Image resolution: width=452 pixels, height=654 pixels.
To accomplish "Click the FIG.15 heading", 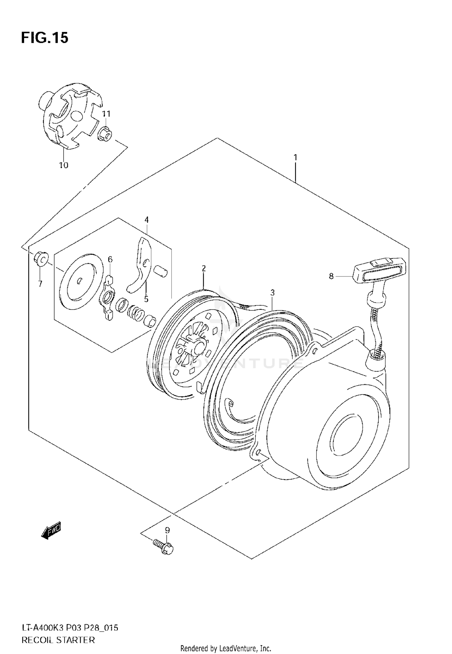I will coord(45,38).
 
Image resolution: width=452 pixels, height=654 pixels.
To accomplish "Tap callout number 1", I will coord(296,157).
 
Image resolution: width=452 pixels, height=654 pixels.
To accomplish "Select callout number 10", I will coord(64,165).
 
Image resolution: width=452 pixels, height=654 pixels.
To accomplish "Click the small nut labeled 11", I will coord(104,133).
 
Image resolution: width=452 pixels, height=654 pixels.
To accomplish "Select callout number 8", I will coord(331,276).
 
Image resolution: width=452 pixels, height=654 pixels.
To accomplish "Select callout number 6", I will coord(110,259).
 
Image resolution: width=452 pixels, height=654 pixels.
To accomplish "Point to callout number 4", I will coord(146,220).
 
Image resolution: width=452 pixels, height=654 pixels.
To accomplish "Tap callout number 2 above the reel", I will coord(204,268).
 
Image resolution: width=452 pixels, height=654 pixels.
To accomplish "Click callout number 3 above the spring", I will coord(272,292).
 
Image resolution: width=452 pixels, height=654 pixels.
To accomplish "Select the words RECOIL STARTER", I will coord(58,631).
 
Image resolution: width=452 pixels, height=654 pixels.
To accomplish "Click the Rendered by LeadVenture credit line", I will coord(226,648).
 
